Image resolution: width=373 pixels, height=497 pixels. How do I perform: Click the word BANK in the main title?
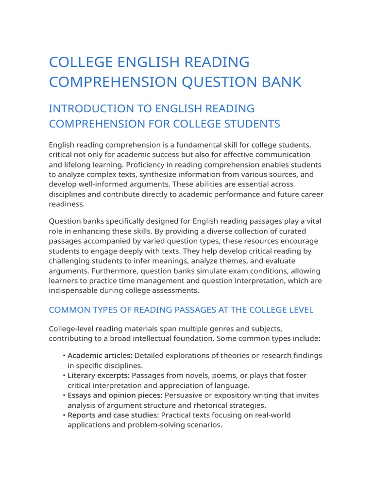pos(283,82)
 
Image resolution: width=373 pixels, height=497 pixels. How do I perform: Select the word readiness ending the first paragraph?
pos(67,204)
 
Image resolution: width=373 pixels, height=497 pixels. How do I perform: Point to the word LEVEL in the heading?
pos(300,310)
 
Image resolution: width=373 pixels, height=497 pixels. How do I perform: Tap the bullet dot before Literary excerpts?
pos(64,376)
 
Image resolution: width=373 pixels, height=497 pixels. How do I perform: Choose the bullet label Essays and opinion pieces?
pos(115,396)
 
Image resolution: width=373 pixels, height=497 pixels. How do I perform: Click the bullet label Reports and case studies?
pos(113,415)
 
